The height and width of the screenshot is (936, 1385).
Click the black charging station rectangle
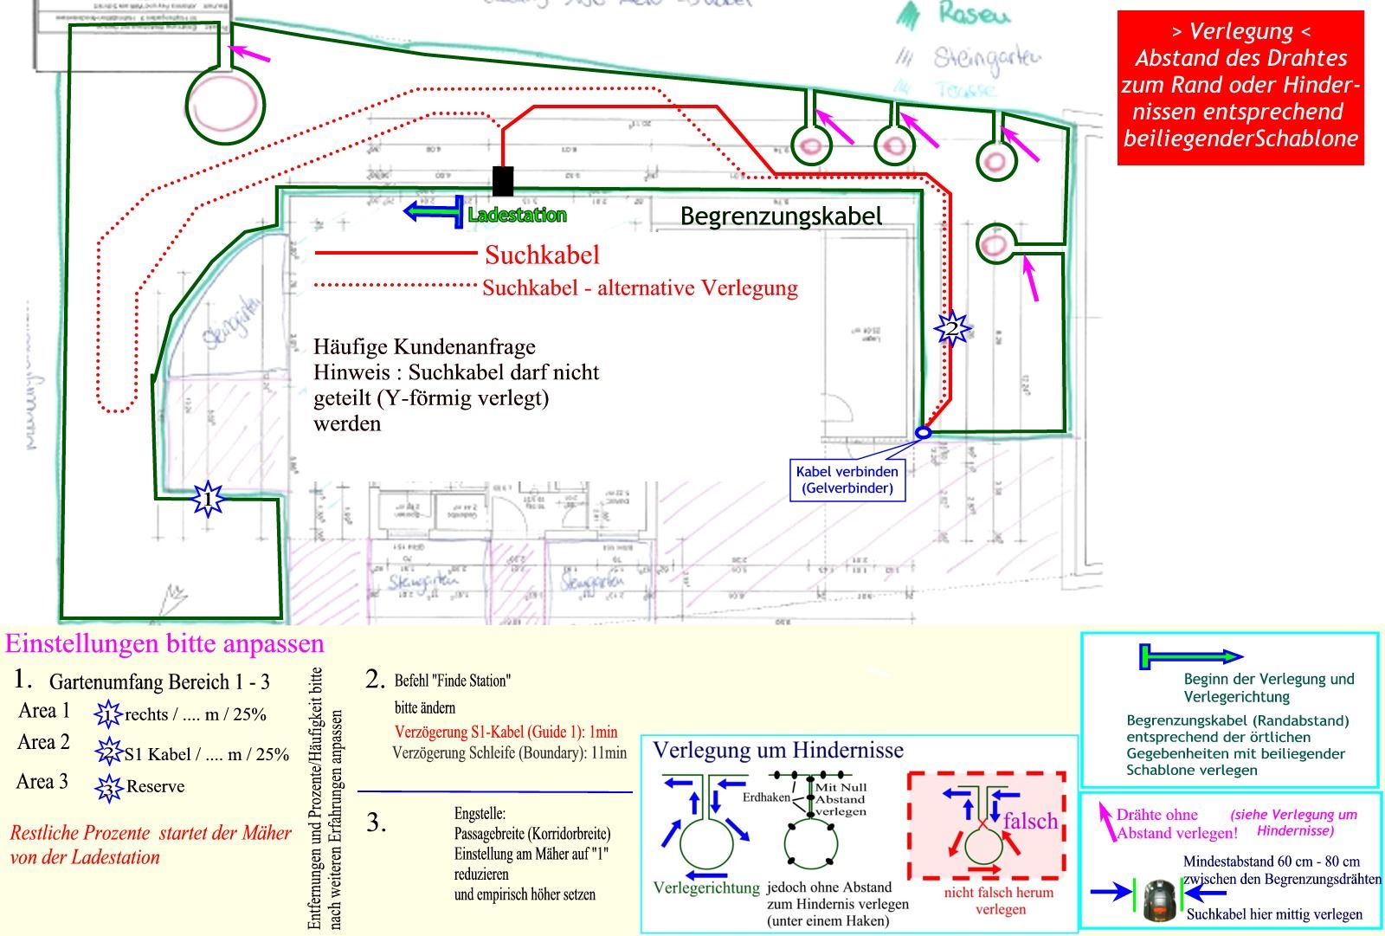[x=503, y=181]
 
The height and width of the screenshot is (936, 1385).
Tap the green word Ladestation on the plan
[x=517, y=216]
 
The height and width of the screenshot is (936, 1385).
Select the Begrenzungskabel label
[x=781, y=216]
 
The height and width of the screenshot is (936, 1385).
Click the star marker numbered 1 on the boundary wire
[x=207, y=500]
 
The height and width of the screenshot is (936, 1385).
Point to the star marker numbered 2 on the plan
[x=951, y=329]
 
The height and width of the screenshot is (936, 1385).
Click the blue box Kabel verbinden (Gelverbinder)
[x=847, y=480]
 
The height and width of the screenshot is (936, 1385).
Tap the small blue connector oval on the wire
[x=924, y=432]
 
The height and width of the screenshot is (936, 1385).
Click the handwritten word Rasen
[x=974, y=15]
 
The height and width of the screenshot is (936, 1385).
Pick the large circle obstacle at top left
[x=226, y=106]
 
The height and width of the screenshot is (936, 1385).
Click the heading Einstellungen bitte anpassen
[x=164, y=644]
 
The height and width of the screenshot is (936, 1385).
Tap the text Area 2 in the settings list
[x=43, y=743]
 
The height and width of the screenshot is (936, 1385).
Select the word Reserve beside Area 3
[x=155, y=786]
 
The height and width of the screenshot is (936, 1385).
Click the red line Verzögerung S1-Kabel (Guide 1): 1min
[x=506, y=732]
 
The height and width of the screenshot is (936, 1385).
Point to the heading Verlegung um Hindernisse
[x=777, y=751]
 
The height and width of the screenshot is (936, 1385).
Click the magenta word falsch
[x=1030, y=821]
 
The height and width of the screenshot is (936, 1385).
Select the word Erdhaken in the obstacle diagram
[x=766, y=797]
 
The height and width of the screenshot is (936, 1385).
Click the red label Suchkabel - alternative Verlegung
[x=640, y=288]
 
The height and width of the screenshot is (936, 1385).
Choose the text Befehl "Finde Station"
[x=452, y=681]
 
